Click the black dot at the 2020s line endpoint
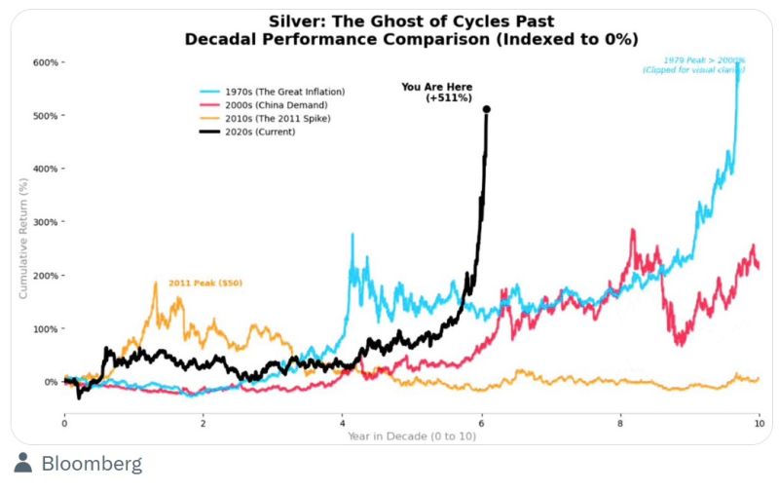[x=487, y=109]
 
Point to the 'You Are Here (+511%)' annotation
[x=436, y=93]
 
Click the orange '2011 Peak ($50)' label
[x=204, y=284]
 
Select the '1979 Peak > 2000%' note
[x=693, y=65]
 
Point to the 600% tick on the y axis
[x=46, y=62]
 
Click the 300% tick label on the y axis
[x=46, y=222]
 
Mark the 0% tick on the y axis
[x=51, y=382]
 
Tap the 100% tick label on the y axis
[x=46, y=328]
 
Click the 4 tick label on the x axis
[x=343, y=424]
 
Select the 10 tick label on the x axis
[x=759, y=424]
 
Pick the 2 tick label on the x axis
[x=204, y=424]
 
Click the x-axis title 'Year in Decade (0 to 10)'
[x=411, y=435]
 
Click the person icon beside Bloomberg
[x=23, y=464]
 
